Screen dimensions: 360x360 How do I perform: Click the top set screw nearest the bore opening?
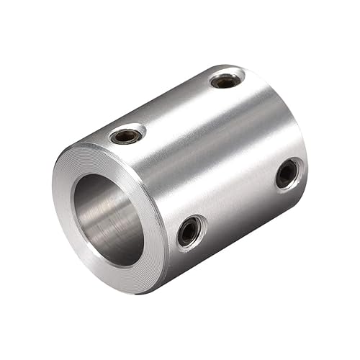coord(127,135)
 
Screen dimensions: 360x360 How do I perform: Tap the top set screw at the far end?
coord(226,81)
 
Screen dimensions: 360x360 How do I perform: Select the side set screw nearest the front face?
coord(189,231)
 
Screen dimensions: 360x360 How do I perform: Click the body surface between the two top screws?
coord(176,108)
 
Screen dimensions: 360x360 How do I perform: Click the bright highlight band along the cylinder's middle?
coord(216,144)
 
